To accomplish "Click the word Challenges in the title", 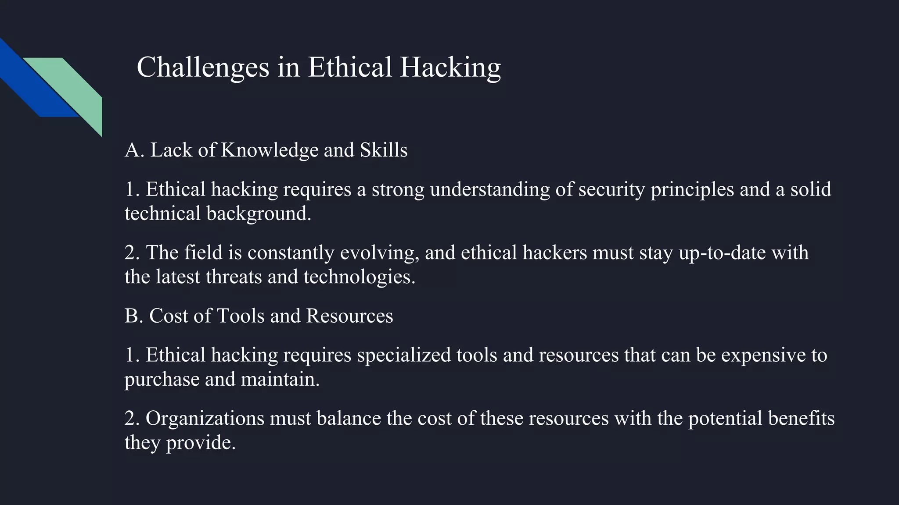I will pyautogui.click(x=203, y=68).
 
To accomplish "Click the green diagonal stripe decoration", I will pyautogui.click(x=79, y=88).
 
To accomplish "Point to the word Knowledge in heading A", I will pyautogui.click(x=270, y=150).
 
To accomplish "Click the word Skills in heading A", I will pyautogui.click(x=384, y=150).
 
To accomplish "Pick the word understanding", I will pyautogui.click(x=490, y=190).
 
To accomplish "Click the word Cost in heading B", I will pyautogui.click(x=169, y=316).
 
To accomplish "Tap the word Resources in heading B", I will pyautogui.click(x=349, y=316).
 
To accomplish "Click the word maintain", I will pyautogui.click(x=280, y=379).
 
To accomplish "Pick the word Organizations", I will pyautogui.click(x=205, y=419).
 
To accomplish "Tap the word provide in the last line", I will pyautogui.click(x=201, y=443).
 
